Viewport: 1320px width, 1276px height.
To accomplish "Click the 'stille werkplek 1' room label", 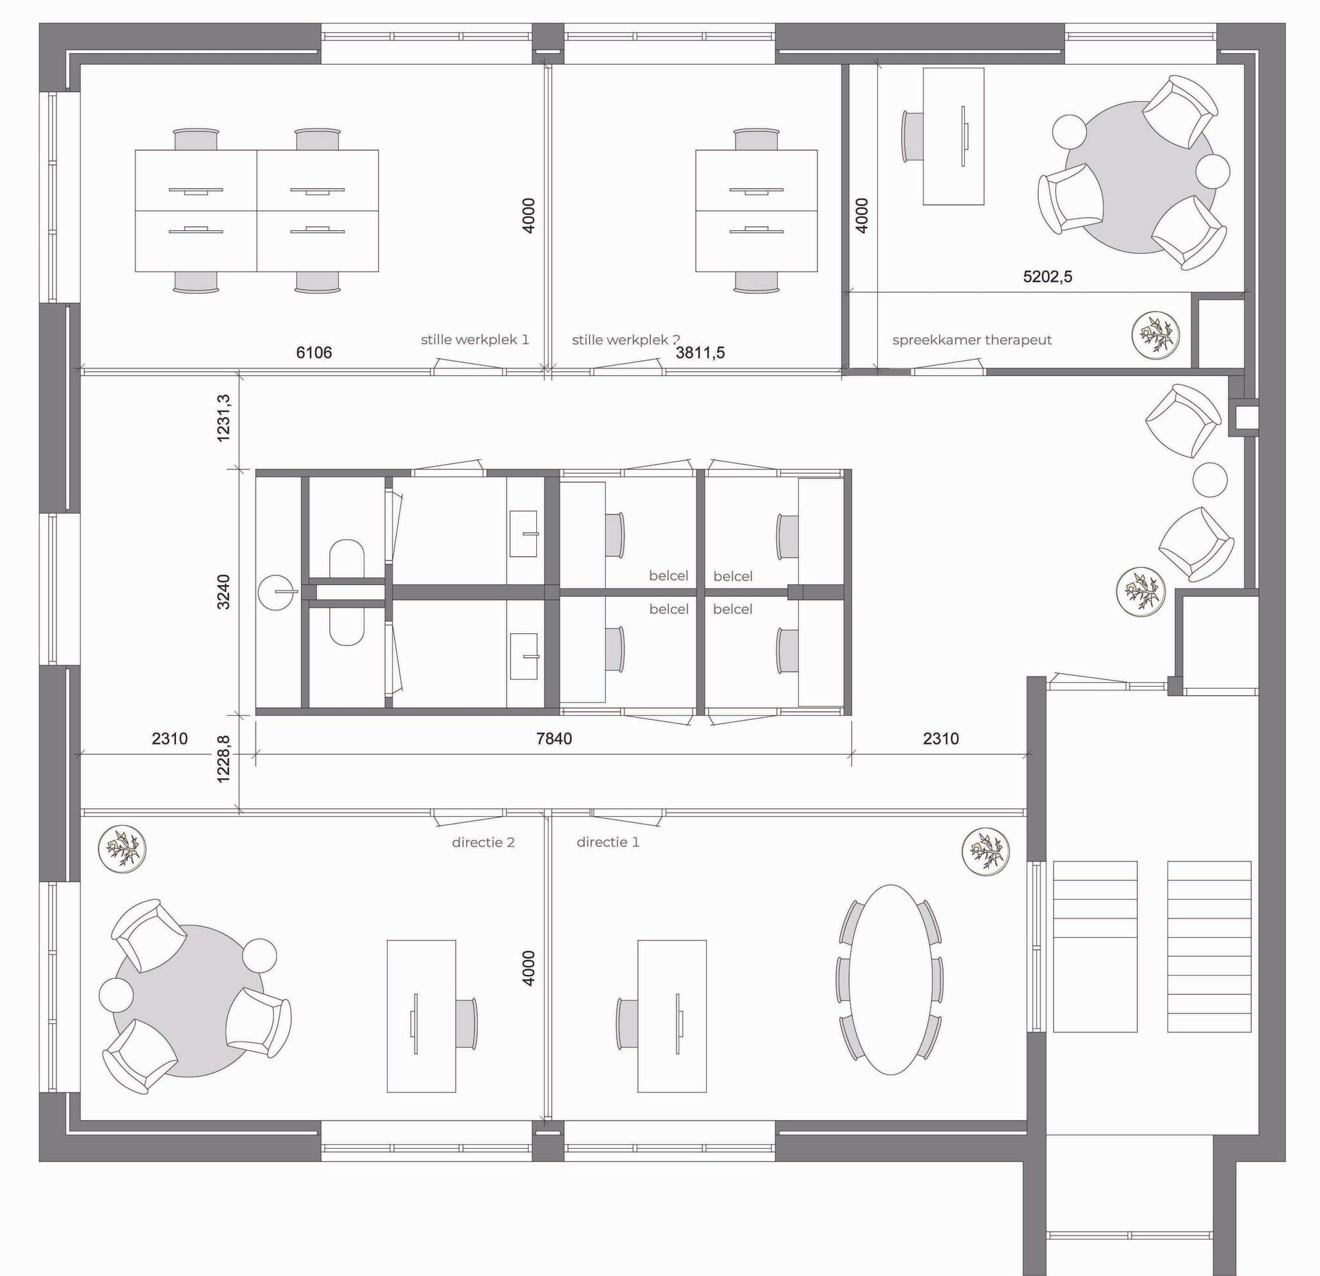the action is (x=475, y=340).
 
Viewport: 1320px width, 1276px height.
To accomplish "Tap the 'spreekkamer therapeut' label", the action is (x=972, y=340).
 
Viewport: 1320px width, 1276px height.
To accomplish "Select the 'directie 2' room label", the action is (x=483, y=842).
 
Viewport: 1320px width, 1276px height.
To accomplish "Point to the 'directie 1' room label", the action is (x=608, y=842).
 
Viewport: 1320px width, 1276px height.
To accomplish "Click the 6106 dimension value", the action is (x=314, y=353).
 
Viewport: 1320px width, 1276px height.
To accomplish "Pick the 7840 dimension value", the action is (x=554, y=738).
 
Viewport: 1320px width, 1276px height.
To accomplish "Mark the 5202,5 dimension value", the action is (x=1048, y=276).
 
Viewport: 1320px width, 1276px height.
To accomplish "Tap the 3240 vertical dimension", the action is (x=223, y=591).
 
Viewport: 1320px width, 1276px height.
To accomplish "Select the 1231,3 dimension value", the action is (x=224, y=417).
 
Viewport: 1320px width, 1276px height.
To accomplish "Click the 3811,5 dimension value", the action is (x=701, y=353).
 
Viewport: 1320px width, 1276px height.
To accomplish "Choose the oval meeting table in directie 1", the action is (x=890, y=979).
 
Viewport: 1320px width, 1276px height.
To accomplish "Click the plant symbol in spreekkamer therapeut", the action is (x=1156, y=335).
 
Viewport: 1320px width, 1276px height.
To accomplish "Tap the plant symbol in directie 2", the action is (x=122, y=850).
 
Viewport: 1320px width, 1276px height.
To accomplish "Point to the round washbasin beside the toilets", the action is (x=278, y=591).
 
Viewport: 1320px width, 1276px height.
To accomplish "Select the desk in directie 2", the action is (x=421, y=1015).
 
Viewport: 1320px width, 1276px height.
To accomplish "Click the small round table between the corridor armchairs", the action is (x=1210, y=479).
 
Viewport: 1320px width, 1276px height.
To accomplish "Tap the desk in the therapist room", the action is (x=953, y=136).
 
